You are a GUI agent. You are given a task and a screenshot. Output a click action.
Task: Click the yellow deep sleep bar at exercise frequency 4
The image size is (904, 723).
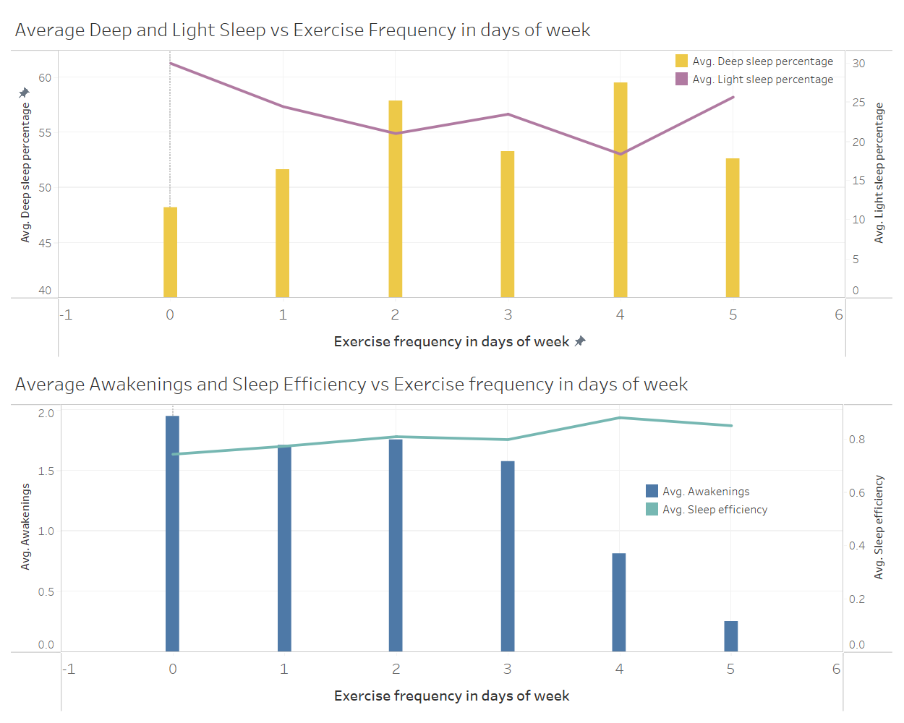(x=620, y=189)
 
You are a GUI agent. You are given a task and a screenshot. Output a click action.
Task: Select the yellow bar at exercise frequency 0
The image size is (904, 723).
(x=170, y=252)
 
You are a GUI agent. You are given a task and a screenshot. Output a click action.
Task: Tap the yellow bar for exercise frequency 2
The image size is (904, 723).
(x=395, y=199)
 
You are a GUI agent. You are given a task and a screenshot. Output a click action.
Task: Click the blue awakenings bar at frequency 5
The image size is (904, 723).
(x=730, y=636)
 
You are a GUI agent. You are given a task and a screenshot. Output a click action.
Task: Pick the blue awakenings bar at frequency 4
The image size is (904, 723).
(x=618, y=602)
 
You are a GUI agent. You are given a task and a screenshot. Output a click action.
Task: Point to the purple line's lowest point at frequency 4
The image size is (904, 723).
(x=620, y=154)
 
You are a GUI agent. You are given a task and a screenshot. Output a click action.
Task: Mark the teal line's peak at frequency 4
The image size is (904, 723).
(x=619, y=418)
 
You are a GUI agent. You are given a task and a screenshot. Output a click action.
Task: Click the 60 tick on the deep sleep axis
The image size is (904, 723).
(x=45, y=78)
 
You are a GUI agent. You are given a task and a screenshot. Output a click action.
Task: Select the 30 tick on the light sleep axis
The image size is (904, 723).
(x=858, y=64)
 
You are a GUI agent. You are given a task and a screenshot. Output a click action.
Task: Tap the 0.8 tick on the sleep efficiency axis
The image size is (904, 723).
(x=856, y=440)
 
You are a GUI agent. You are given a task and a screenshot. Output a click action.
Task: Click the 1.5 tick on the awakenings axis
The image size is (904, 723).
(x=46, y=471)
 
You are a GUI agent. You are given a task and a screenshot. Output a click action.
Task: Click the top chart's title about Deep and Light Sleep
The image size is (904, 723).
(x=302, y=30)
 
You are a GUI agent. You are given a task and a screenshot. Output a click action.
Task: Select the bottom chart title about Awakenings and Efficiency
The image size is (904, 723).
(x=351, y=385)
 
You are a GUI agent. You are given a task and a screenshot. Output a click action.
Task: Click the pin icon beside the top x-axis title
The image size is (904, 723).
(x=580, y=341)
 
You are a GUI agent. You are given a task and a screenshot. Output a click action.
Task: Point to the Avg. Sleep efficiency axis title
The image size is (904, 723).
(x=879, y=527)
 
